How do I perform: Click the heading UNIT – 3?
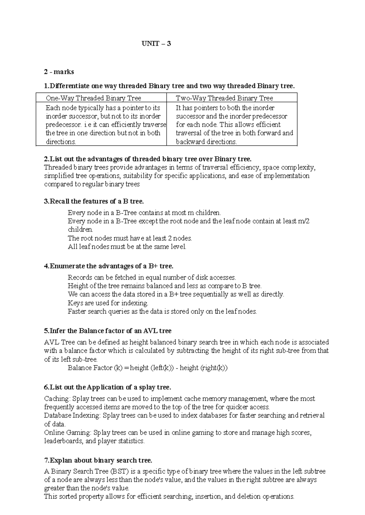(156, 44)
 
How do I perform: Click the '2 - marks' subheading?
(59, 72)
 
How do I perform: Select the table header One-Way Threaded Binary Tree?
(93, 98)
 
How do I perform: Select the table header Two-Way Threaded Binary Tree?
(224, 98)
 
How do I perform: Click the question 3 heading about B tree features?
(94, 201)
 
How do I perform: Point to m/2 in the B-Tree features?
(304, 221)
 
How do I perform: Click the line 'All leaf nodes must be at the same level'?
(127, 247)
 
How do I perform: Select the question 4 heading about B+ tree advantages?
(109, 266)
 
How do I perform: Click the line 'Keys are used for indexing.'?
(108, 303)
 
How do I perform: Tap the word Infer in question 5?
(56, 331)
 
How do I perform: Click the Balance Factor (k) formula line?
(148, 368)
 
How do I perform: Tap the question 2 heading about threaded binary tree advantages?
(148, 159)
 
